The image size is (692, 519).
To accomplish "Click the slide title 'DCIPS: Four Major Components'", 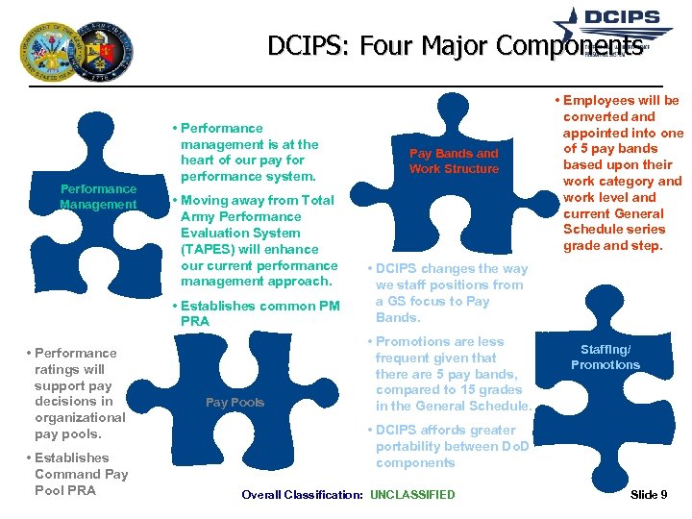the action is [x=455, y=45].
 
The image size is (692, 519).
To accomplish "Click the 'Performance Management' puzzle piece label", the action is [x=98, y=196].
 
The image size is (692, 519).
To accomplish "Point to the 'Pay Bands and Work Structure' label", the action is [x=454, y=161].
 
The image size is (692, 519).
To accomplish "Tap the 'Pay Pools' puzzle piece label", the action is [x=235, y=402].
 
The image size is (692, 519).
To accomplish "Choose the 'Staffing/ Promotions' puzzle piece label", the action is [x=605, y=358].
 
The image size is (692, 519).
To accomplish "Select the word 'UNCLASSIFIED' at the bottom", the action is [x=412, y=495].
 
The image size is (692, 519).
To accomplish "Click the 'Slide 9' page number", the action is [x=649, y=495].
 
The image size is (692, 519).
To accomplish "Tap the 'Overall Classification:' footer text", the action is [x=302, y=495].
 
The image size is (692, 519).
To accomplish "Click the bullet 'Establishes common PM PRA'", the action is [x=255, y=313].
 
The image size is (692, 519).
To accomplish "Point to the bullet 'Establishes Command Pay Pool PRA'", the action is [x=79, y=474].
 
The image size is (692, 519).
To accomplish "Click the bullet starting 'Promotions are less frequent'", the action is [x=452, y=374].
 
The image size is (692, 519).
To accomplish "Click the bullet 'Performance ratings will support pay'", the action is [x=77, y=393].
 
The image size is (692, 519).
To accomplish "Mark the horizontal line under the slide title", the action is [x=346, y=87].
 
